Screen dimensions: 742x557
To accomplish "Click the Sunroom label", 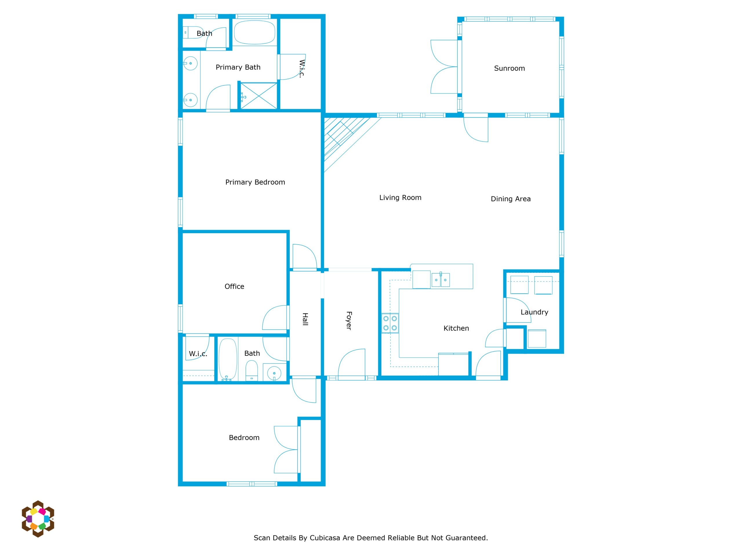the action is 509,68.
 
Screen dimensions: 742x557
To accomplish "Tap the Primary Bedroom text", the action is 255,182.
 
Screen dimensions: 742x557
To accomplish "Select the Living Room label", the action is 400,198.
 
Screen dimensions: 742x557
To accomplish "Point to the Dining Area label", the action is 510,199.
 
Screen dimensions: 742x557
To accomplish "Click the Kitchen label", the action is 456,328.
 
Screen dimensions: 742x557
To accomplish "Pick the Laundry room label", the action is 534,312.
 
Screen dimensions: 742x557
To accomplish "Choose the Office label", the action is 234,286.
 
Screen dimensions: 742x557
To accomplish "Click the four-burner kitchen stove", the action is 390,323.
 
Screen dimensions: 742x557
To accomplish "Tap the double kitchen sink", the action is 441,280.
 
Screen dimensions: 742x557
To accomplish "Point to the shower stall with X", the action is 259,96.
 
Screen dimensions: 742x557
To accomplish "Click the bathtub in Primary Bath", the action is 254,32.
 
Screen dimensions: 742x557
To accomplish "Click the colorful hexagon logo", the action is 38,519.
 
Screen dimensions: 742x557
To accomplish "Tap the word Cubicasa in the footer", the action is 324,538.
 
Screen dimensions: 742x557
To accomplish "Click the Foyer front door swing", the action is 352,365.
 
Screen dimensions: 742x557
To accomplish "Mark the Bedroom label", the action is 244,437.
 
